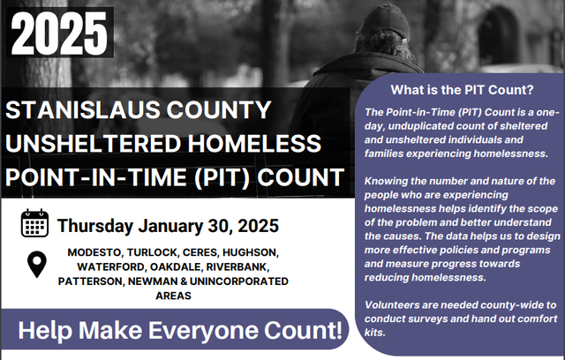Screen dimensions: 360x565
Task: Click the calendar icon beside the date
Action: (35, 223)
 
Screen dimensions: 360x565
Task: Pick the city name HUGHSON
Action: (252, 252)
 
